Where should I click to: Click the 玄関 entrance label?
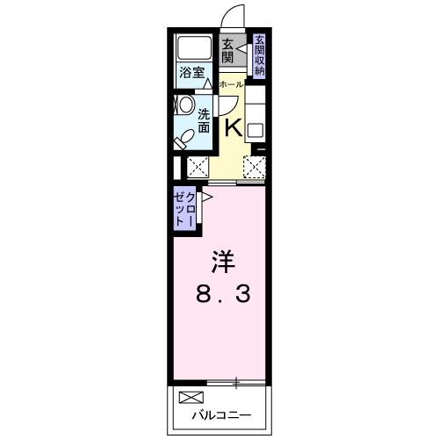pos(227,51)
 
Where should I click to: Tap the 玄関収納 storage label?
pos(261,54)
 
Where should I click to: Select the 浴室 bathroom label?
pos(191,74)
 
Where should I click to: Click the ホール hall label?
pos(231,84)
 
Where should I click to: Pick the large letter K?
pos(234,127)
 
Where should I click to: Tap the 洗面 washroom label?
pos(204,119)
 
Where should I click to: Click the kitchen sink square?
pos(255,131)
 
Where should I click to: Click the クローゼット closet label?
pos(185,211)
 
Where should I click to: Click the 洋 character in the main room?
pos(222,262)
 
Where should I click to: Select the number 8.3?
pos(222,295)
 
